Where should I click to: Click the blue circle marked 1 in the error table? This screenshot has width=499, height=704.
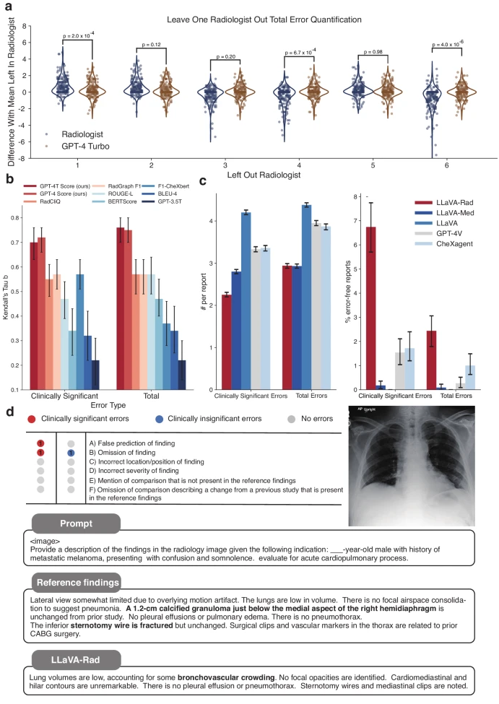point(71,453)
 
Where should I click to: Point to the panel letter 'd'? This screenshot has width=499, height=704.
point(9,412)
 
